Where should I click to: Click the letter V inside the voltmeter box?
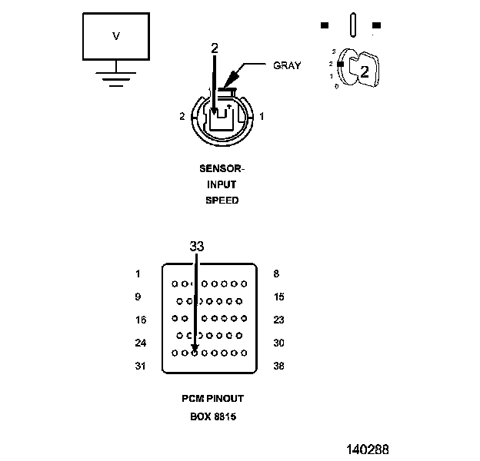(x=116, y=36)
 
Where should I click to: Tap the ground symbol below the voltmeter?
(x=116, y=79)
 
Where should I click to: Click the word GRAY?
(x=287, y=65)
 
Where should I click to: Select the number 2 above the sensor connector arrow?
(x=215, y=48)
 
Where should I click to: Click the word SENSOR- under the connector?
(x=222, y=168)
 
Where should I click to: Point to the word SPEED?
(x=222, y=201)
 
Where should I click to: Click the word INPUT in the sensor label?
(x=222, y=184)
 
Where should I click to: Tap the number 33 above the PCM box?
(x=197, y=246)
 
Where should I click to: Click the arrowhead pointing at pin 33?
(x=195, y=349)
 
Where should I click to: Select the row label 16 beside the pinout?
(x=141, y=320)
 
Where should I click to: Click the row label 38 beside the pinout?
(x=278, y=366)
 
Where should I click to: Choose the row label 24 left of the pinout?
(x=141, y=343)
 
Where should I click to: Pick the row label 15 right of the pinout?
(x=279, y=297)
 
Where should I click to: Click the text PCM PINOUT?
(x=213, y=399)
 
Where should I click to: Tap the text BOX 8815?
(x=213, y=416)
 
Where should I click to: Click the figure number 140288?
(x=368, y=449)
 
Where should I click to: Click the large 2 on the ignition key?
(x=365, y=72)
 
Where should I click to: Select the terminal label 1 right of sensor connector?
(x=262, y=116)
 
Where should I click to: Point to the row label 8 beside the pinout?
(x=276, y=274)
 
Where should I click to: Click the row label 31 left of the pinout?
(x=140, y=366)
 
